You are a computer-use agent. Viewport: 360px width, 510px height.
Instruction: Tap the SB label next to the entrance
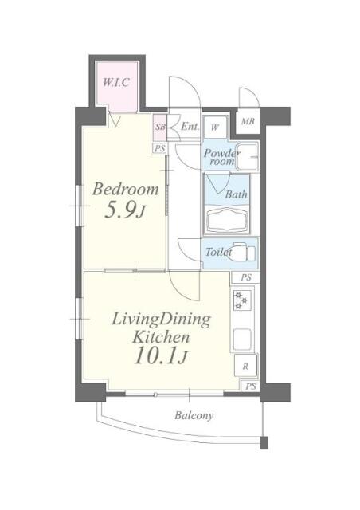[x=160, y=127]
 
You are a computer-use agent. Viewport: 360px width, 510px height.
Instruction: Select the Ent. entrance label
[x=190, y=127]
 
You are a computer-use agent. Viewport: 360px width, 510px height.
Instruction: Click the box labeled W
[x=215, y=127]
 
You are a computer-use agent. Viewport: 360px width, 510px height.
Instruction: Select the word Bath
[x=237, y=194]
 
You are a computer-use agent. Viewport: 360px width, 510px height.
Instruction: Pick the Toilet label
[x=218, y=252]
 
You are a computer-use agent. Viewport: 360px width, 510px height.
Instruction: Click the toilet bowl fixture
[x=245, y=253]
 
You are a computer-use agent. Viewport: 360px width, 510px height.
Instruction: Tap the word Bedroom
[x=125, y=190]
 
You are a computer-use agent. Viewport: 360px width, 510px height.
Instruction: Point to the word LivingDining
[x=160, y=320]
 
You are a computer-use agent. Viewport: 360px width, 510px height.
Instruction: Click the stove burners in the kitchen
[x=241, y=300]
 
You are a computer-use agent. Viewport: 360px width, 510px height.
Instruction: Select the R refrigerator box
[x=245, y=367]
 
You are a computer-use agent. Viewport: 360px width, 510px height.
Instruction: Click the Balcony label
[x=195, y=415]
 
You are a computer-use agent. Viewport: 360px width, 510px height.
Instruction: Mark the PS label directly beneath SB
[x=160, y=148]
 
